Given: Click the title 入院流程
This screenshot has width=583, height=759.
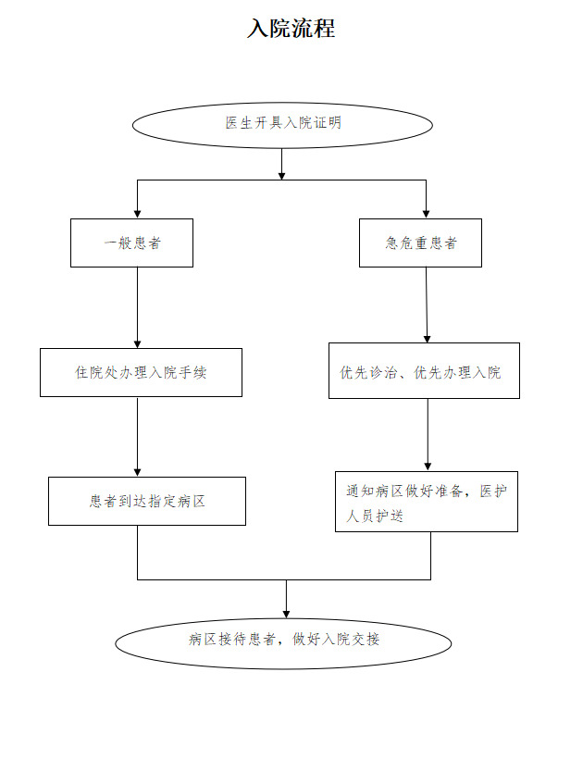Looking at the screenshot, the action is pos(291,28).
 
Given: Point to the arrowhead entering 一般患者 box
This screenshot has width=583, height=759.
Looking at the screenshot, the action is pos(137,214).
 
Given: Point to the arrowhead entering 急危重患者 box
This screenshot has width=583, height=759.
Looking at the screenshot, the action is pos(427,214).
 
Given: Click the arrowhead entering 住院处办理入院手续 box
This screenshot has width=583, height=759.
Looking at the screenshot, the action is pos(137,344).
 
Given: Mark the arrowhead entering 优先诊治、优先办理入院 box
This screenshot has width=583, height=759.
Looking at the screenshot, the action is pos(427,339).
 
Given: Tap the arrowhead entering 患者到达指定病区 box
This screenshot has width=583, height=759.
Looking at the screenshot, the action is pos(137,473).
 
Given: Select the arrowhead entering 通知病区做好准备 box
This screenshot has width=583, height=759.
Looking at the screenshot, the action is pos(428,467).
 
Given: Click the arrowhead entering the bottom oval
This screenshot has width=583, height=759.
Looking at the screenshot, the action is pos(287,615).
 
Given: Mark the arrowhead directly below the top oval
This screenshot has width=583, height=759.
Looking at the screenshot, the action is pos(281,176).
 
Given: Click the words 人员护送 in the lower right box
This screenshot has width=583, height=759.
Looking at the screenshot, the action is pos(375,516).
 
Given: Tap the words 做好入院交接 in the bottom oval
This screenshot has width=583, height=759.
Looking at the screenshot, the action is pos(336,640).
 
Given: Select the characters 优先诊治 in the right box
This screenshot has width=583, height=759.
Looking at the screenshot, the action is pos(368,372).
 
